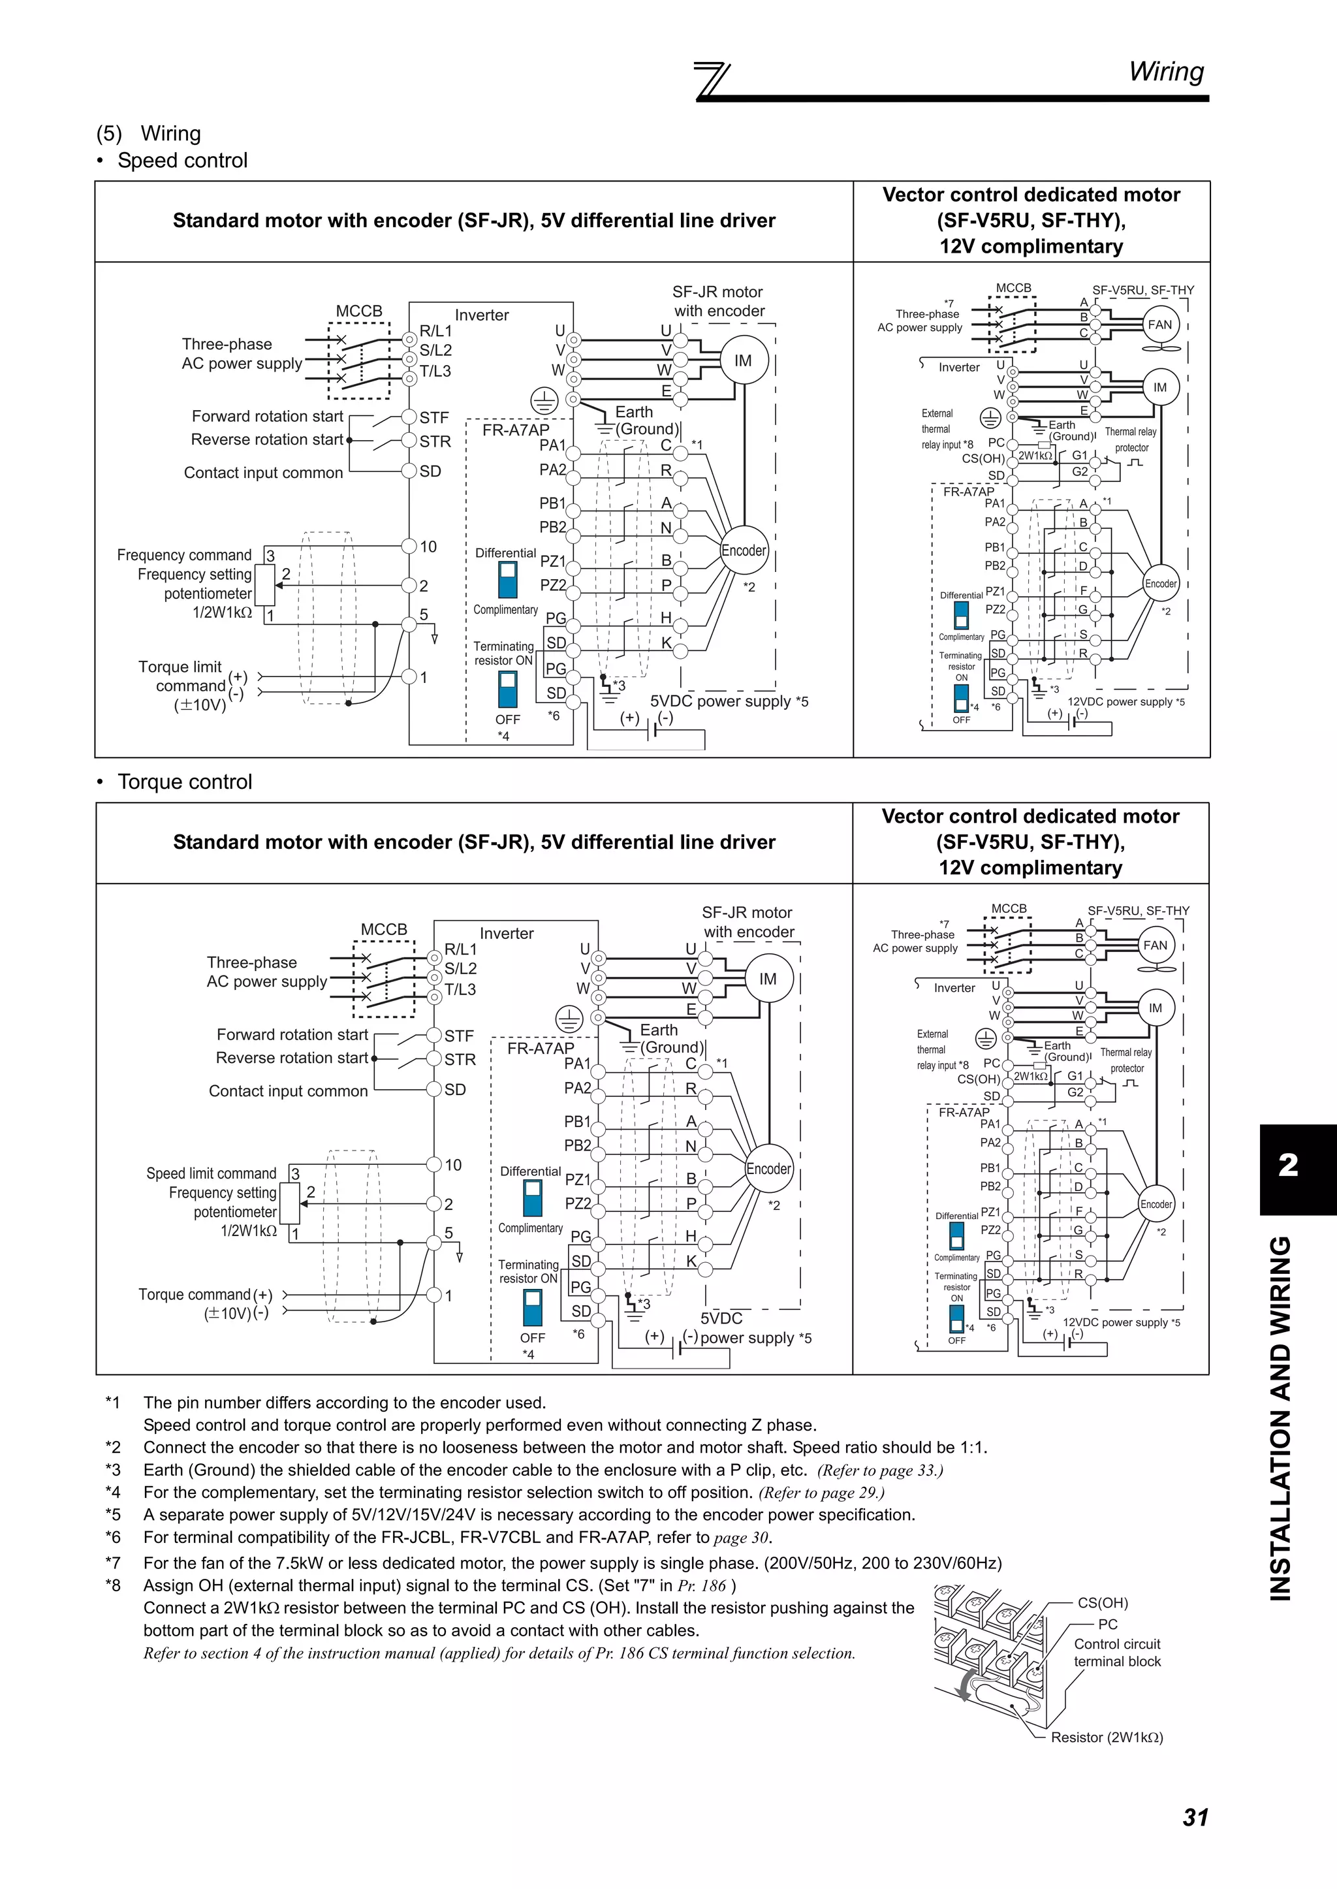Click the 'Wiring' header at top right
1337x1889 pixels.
point(1166,72)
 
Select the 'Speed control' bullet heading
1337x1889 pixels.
point(182,161)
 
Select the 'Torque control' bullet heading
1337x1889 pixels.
point(184,782)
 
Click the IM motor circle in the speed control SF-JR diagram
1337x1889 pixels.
point(742,360)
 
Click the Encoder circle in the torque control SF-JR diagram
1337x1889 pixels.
point(768,1169)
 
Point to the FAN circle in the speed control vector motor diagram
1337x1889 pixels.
point(1159,325)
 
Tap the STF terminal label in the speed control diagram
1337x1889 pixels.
point(434,417)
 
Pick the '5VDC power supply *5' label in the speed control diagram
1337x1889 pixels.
point(729,701)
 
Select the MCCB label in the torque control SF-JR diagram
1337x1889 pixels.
point(384,929)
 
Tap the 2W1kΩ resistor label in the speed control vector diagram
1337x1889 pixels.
point(1034,455)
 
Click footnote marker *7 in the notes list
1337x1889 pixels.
point(113,1563)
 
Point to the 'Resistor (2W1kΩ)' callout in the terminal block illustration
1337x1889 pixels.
point(1106,1738)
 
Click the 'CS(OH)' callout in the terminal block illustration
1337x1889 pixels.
point(1103,1602)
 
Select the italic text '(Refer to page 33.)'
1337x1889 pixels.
point(879,1470)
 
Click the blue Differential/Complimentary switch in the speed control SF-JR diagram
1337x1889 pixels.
point(508,580)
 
